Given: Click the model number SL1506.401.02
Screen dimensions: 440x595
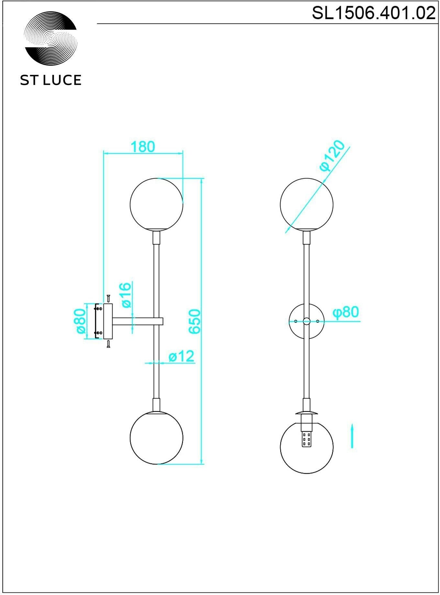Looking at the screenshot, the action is coord(373,13).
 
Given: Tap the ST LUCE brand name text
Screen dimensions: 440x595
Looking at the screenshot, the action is coord(51,80).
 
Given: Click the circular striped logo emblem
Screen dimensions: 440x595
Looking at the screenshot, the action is coord(51,38).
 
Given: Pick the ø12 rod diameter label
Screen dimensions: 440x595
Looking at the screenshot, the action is coord(181,356).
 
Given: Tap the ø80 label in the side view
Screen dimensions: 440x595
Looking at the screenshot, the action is coord(80,321).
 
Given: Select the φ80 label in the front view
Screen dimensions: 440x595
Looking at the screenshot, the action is coord(346,312).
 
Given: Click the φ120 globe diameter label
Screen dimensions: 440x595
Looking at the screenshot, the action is coord(333,156).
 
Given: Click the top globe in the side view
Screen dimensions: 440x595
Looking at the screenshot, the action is coord(157,204).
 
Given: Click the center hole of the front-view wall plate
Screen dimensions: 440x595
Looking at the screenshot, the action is coord(306,321).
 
